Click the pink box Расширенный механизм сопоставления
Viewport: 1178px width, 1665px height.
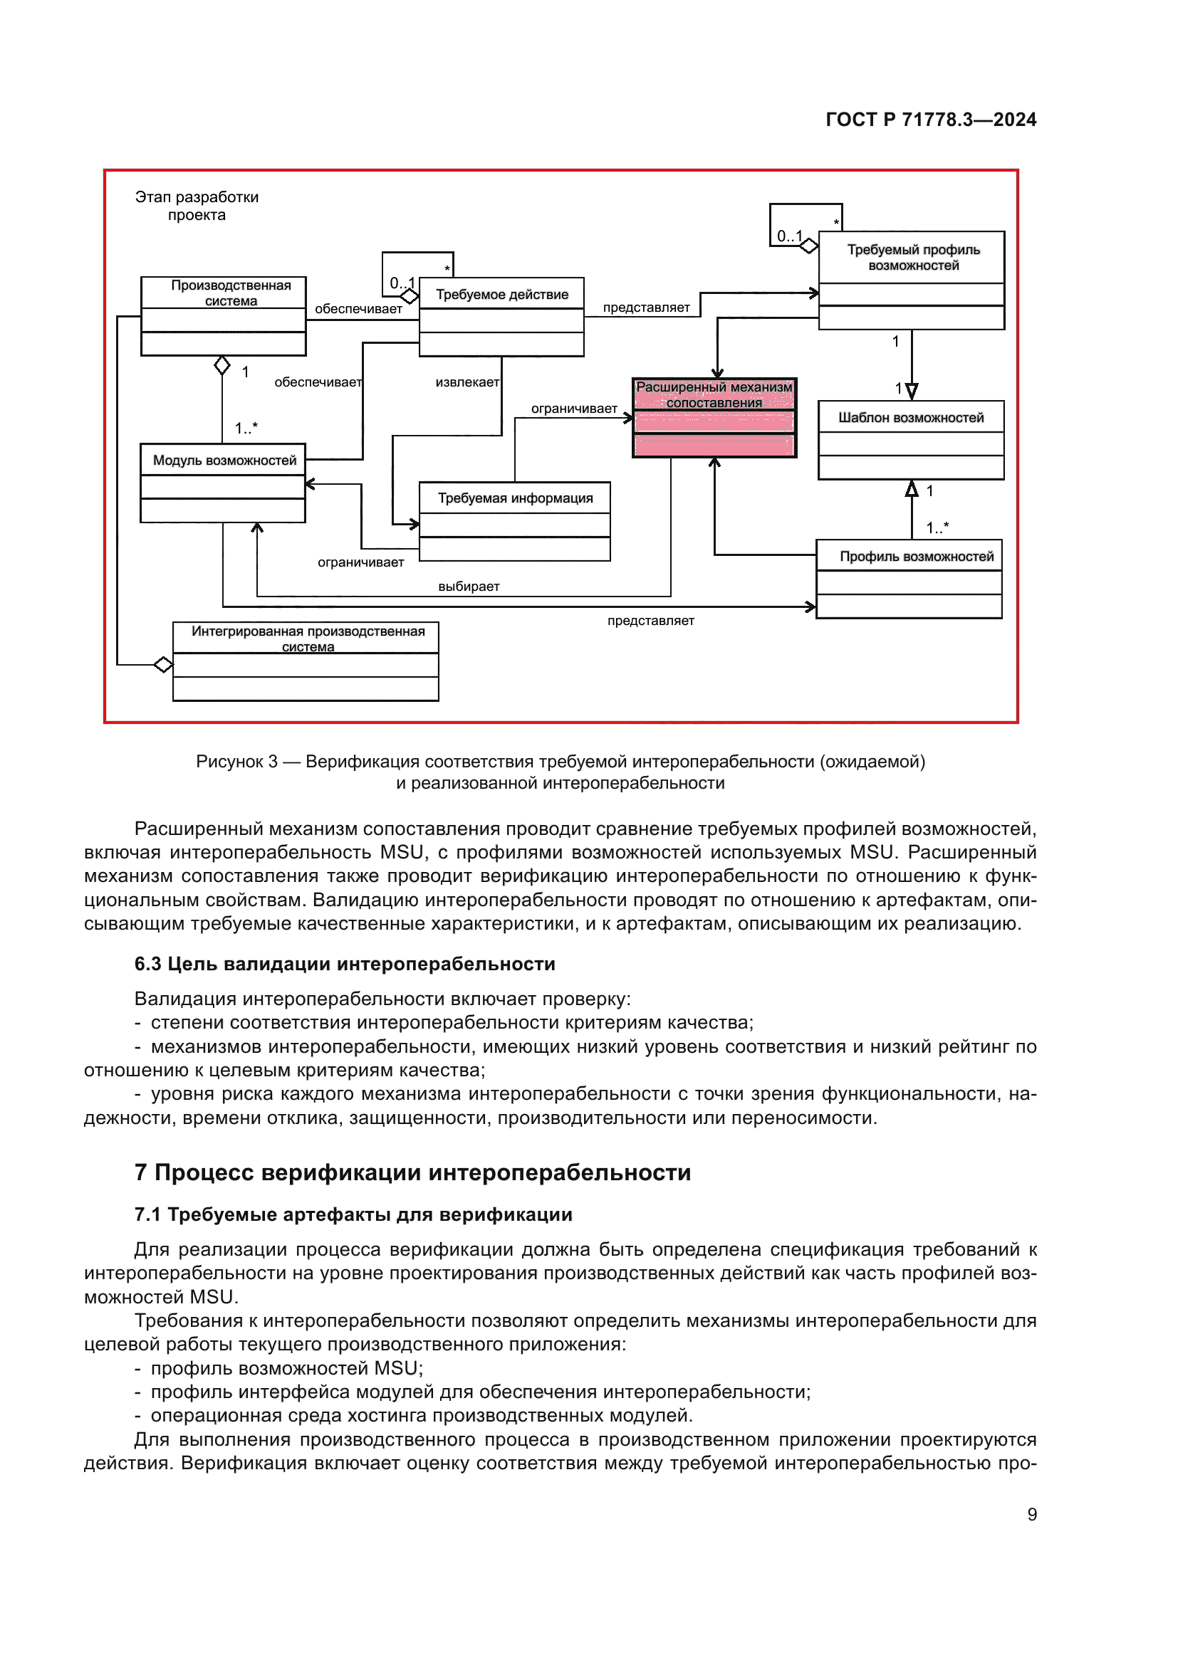[x=714, y=418]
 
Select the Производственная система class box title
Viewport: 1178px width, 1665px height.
[x=231, y=293]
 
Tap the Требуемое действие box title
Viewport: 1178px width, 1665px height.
[x=502, y=295]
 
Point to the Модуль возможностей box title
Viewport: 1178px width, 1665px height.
[x=224, y=461]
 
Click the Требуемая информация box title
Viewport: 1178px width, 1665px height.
[x=515, y=498]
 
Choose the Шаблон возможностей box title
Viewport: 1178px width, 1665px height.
[x=911, y=418]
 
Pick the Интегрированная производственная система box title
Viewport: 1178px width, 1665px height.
[x=308, y=638]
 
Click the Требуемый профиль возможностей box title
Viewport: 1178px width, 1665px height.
[x=913, y=258]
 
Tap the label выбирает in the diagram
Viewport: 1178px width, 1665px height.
[x=469, y=587]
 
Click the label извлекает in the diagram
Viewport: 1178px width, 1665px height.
[x=467, y=382]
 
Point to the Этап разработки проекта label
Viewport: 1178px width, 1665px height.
[x=197, y=206]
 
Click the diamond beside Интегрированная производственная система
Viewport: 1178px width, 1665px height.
[x=163, y=664]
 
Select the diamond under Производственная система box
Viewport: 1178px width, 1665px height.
[x=222, y=365]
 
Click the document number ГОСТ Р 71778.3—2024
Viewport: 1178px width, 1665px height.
[x=931, y=120]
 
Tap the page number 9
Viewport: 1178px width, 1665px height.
[x=1031, y=1514]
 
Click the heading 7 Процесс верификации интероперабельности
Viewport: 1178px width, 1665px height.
[x=412, y=1172]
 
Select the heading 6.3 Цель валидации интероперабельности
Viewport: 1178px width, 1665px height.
[x=345, y=964]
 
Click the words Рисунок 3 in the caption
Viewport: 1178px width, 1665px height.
[x=236, y=762]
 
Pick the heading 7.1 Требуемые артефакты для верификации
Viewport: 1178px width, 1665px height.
[x=353, y=1214]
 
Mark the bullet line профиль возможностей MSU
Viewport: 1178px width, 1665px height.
[x=286, y=1368]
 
